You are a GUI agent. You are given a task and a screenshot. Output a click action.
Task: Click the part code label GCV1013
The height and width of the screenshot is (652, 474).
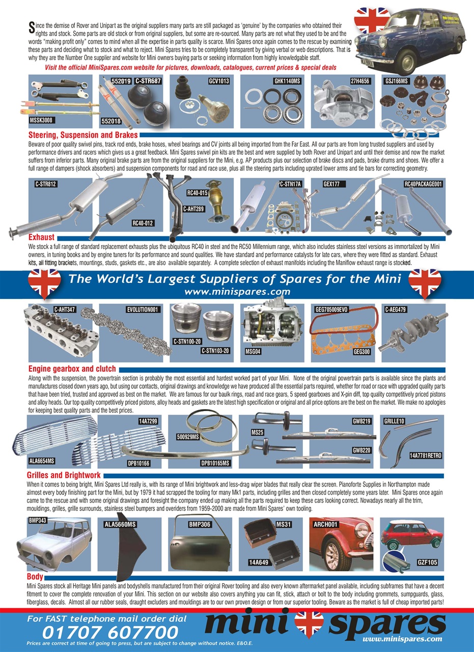coord(219,80)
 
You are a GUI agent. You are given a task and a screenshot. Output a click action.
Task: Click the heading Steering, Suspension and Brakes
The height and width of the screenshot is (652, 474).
coord(83,135)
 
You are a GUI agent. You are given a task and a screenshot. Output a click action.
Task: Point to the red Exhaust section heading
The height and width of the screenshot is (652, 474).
coord(41,237)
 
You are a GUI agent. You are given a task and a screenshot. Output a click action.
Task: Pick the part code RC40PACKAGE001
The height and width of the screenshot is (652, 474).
coord(423,184)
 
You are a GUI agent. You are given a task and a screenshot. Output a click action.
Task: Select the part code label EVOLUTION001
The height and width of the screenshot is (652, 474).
coord(144,309)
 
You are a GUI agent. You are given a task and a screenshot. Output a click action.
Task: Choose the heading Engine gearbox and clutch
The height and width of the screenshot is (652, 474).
coord(72,369)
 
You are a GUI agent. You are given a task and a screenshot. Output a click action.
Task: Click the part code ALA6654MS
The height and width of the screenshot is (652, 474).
coord(42,461)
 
